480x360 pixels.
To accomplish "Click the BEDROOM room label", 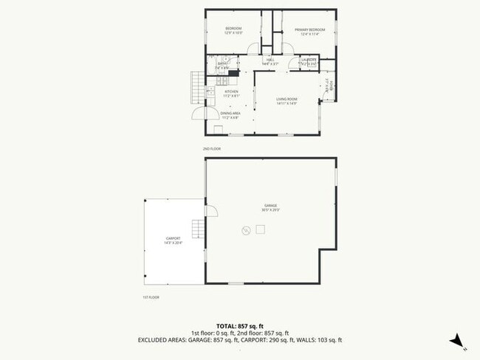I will (x=233, y=29).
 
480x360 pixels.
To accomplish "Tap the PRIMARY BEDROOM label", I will (x=309, y=29).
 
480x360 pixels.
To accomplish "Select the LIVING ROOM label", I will (x=287, y=98).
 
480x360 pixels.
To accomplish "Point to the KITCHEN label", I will (x=232, y=91).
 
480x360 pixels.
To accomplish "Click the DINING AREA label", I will (x=232, y=113).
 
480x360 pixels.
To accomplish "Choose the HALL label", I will (x=270, y=60).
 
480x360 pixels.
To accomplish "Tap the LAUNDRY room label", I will (x=309, y=60).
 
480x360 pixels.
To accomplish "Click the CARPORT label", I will (x=173, y=240).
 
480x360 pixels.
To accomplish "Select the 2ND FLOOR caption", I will (x=212, y=148).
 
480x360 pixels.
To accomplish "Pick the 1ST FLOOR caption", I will (x=151, y=297).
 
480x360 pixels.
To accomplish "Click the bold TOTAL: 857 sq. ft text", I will (x=239, y=325).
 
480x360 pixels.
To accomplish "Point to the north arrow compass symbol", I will (x=457, y=340).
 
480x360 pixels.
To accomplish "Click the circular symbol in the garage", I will (x=245, y=231).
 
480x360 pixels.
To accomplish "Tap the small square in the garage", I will (x=260, y=229).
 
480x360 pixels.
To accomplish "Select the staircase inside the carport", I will (x=197, y=229).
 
